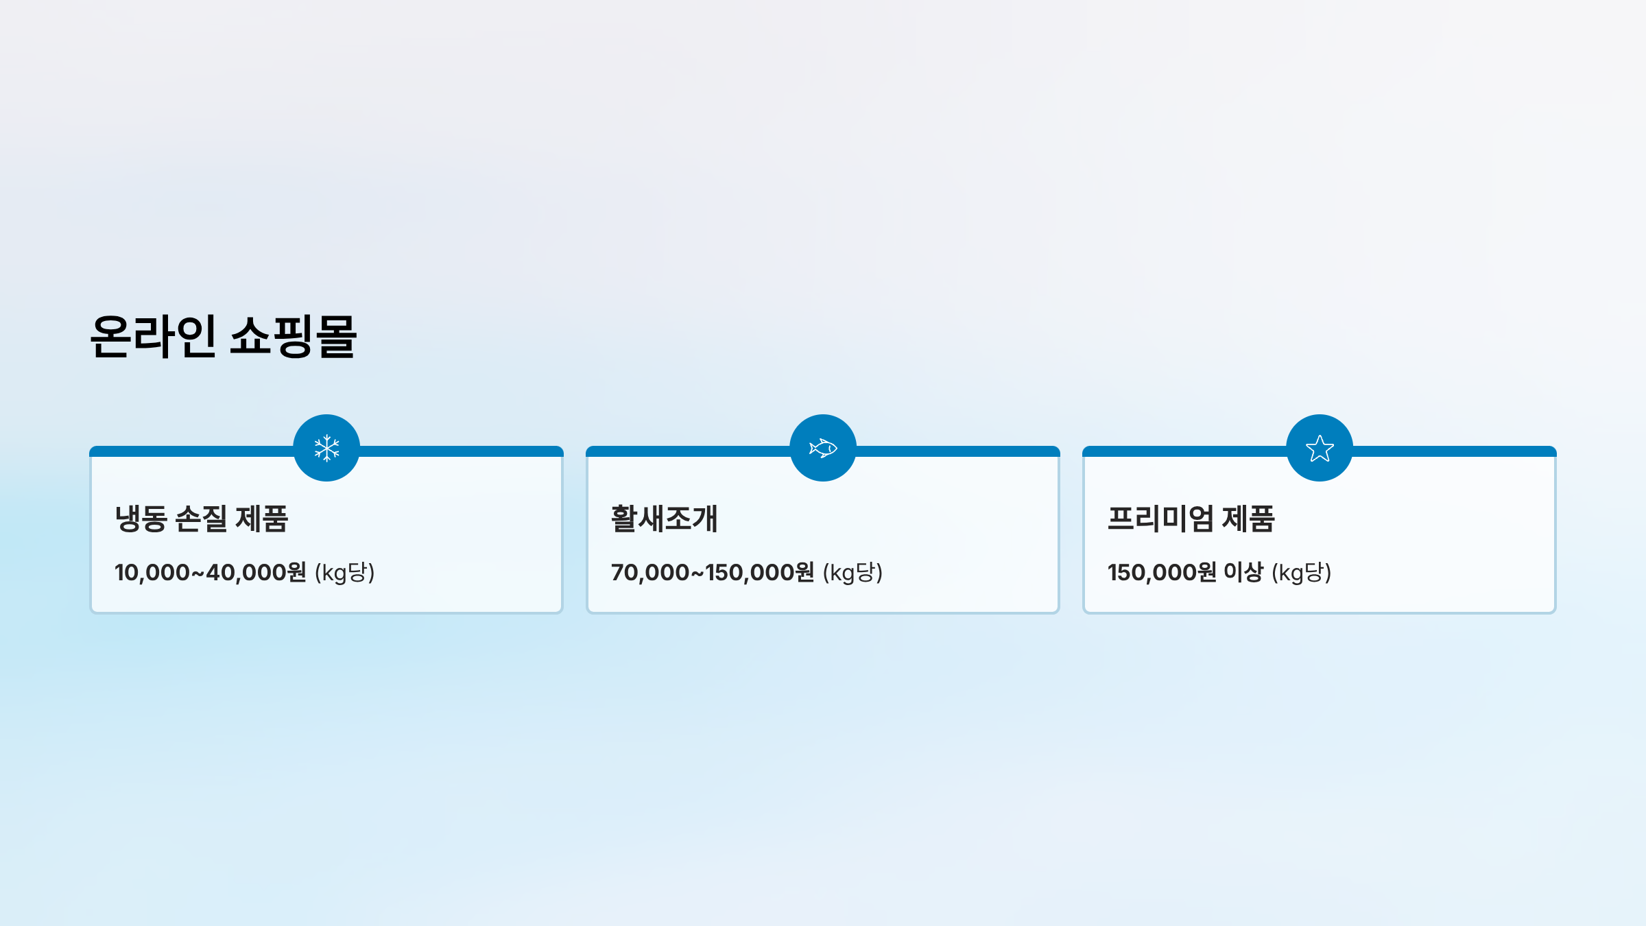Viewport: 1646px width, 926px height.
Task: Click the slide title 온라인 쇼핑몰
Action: [x=223, y=336]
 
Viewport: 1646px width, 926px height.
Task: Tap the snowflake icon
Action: [x=326, y=448]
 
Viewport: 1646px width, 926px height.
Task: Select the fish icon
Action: [x=823, y=448]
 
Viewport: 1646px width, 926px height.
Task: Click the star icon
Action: [x=1320, y=449]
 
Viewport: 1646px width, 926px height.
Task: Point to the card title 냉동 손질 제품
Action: [x=202, y=519]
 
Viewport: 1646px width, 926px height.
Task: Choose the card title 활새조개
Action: [x=664, y=519]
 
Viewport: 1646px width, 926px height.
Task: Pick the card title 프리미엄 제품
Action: [x=1191, y=519]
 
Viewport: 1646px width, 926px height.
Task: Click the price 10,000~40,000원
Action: [x=210, y=572]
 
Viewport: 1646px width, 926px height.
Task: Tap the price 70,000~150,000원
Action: [x=712, y=572]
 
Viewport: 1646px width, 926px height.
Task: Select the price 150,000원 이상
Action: [x=1184, y=572]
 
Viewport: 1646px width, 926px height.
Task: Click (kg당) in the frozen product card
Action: [x=345, y=572]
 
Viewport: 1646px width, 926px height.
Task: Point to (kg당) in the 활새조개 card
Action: [x=852, y=572]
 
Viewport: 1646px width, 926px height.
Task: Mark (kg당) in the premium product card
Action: [x=1301, y=572]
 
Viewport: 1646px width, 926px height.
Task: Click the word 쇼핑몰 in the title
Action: [x=293, y=336]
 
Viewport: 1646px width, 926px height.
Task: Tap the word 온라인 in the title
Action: [x=153, y=336]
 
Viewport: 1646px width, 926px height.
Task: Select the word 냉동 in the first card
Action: [x=141, y=519]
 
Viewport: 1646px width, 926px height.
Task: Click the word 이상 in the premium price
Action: [x=1243, y=572]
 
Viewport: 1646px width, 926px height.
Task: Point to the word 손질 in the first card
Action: [x=201, y=519]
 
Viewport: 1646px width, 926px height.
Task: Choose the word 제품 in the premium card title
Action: [x=1248, y=519]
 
